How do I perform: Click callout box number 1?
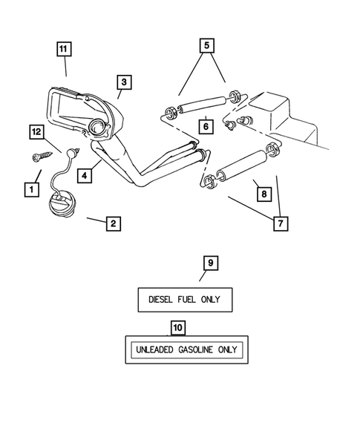[31, 189]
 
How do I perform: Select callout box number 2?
[112, 223]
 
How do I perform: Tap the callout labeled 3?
[124, 82]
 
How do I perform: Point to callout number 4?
[86, 177]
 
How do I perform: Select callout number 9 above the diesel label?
[210, 263]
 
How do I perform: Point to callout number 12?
[36, 131]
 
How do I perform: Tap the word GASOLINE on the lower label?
[195, 349]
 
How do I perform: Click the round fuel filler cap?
[62, 203]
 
